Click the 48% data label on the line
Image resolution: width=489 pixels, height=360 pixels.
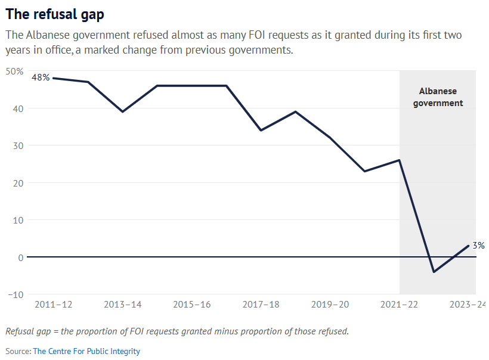[41, 77]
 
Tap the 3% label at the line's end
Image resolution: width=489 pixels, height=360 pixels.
[478, 245]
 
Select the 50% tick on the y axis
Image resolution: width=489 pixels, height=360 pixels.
[15, 71]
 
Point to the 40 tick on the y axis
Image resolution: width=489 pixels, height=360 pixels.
[18, 108]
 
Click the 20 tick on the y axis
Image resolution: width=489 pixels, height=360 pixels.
[18, 183]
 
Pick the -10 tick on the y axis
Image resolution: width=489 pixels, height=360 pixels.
[16, 294]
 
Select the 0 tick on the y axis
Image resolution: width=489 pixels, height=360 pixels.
[20, 257]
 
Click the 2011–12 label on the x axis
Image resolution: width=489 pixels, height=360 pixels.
[54, 305]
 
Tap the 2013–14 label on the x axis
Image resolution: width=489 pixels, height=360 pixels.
[123, 305]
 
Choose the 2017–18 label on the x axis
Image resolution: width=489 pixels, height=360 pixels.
[261, 305]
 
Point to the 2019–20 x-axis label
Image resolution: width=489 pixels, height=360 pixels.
[330, 305]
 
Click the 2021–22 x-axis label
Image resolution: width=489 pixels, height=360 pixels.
[400, 305]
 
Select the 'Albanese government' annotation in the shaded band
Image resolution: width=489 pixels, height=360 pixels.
[438, 97]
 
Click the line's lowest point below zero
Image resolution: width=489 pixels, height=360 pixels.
[434, 272]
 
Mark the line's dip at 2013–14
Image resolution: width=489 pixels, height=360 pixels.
[123, 111]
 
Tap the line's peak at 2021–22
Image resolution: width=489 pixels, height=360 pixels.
[400, 160]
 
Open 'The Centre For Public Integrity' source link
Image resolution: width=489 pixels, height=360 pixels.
[86, 351]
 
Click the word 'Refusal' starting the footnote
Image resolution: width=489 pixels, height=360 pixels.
[20, 331]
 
